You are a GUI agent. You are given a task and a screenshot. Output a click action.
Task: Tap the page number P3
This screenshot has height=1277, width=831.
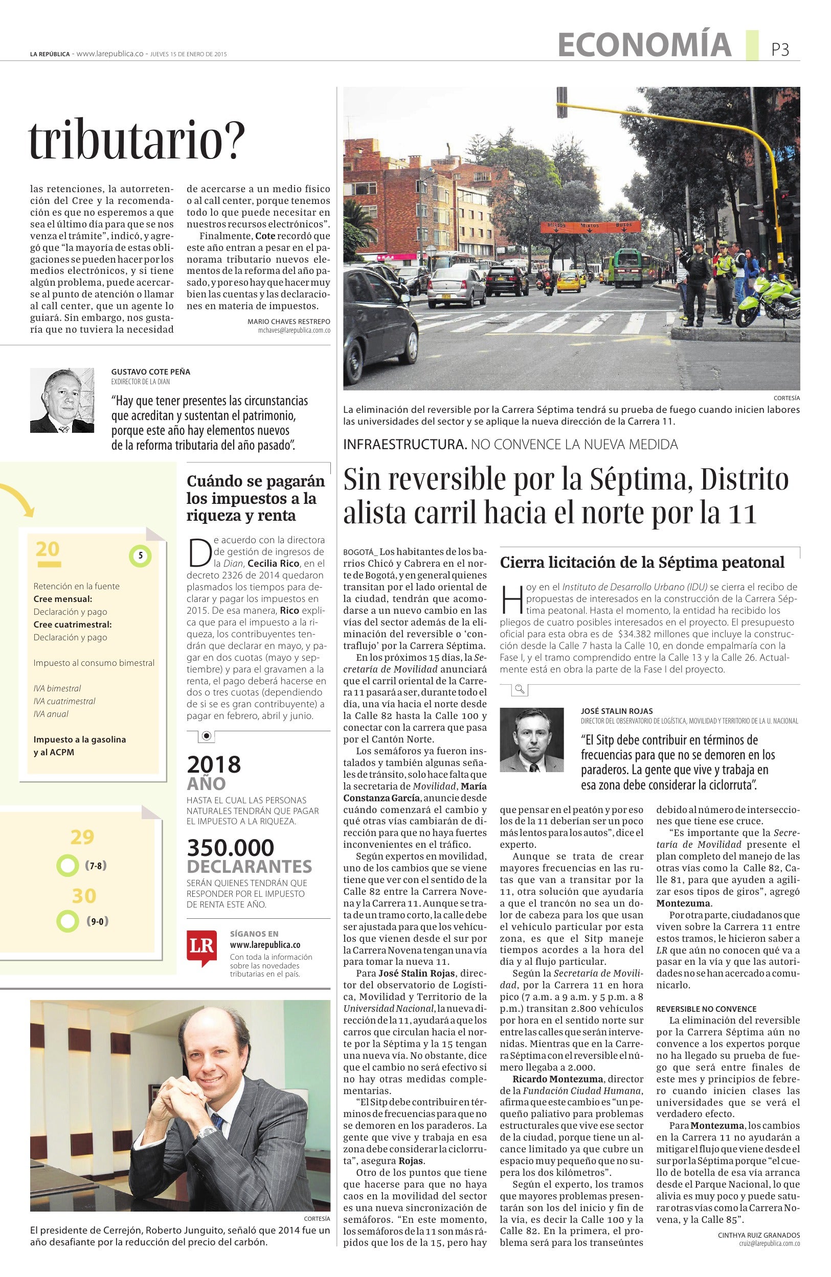click(x=780, y=50)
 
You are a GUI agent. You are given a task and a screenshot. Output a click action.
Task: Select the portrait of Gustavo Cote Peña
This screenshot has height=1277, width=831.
click(x=62, y=400)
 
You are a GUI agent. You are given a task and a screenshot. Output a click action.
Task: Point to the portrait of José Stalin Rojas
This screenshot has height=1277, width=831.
click(x=531, y=740)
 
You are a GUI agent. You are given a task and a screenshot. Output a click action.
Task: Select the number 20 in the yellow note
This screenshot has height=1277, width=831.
click(x=48, y=549)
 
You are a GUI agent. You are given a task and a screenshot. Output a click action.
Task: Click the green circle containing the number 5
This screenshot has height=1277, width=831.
click(x=141, y=556)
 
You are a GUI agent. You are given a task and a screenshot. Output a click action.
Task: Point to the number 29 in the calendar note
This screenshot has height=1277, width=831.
click(x=82, y=837)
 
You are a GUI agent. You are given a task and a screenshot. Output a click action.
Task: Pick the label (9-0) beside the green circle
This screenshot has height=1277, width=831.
click(x=97, y=922)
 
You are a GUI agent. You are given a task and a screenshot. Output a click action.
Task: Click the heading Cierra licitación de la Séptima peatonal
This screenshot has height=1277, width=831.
click(x=642, y=562)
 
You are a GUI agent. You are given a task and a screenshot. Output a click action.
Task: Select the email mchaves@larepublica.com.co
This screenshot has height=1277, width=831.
click(x=294, y=331)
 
